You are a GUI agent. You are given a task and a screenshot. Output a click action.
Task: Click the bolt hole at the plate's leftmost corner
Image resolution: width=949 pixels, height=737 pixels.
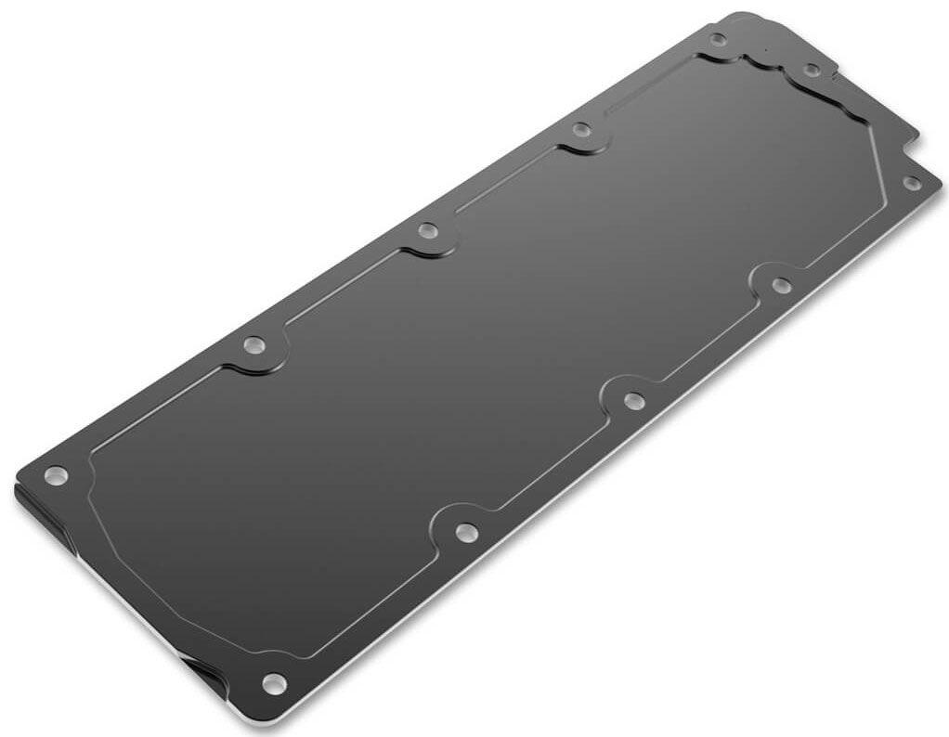57,475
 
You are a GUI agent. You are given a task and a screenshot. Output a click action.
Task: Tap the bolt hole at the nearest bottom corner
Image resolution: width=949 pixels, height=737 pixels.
273,684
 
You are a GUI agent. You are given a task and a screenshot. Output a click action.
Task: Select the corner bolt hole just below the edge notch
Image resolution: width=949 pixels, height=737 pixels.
912,184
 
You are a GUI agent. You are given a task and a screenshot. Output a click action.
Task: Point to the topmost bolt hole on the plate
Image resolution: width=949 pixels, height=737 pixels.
718,39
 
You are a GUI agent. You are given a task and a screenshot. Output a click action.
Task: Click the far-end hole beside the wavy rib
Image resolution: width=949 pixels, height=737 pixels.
811,70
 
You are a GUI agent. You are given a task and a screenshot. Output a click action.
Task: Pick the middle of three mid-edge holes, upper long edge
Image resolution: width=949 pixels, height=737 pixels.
427,229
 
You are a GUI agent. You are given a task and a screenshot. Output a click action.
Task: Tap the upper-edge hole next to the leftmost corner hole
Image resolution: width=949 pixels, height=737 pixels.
254,345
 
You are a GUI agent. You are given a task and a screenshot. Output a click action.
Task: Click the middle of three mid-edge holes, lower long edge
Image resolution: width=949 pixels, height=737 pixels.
633,400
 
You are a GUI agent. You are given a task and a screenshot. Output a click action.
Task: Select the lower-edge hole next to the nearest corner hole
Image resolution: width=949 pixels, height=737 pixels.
464,532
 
